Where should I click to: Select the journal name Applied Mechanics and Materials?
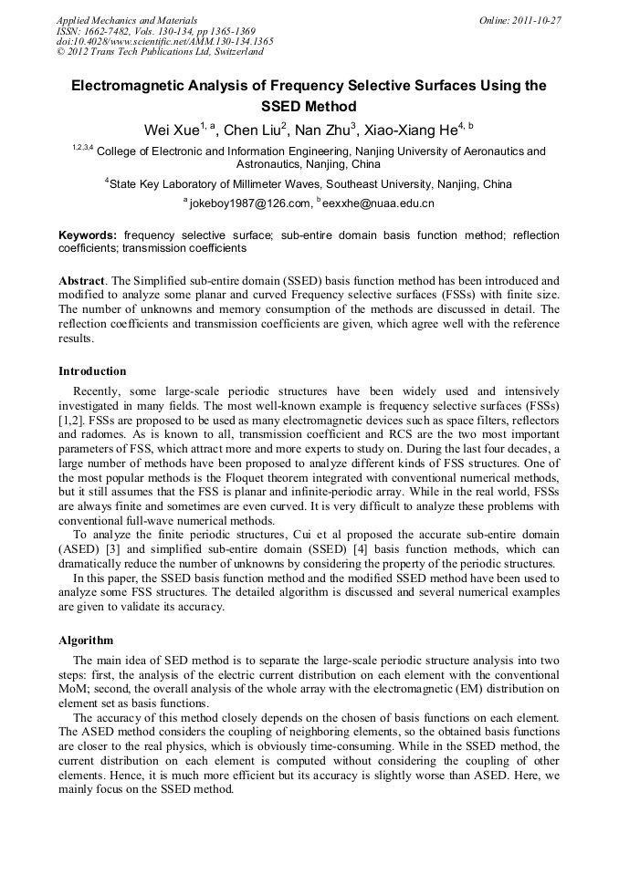tap(127, 19)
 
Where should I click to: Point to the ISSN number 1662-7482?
tap(117, 30)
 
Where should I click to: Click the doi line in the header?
tap(164, 41)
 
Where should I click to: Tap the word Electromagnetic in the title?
tap(132, 86)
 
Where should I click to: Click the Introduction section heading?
tap(92, 371)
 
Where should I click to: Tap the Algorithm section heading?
tap(86, 641)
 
